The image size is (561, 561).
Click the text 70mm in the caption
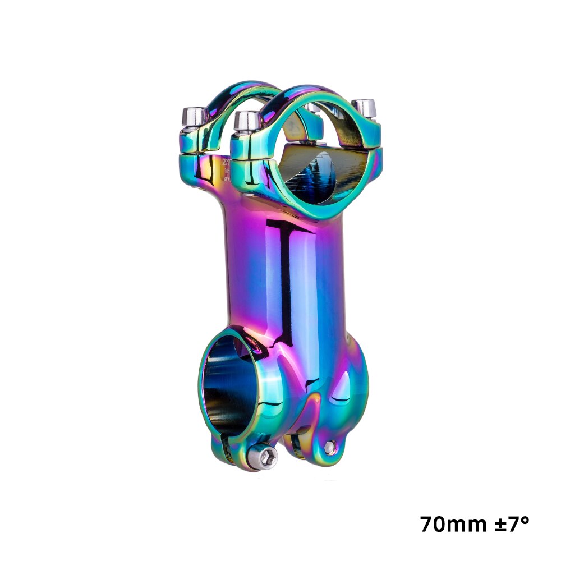click(x=453, y=525)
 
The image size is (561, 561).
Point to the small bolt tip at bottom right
click(x=330, y=447)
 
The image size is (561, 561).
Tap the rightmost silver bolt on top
click(x=365, y=108)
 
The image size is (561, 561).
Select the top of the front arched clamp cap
click(x=303, y=93)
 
